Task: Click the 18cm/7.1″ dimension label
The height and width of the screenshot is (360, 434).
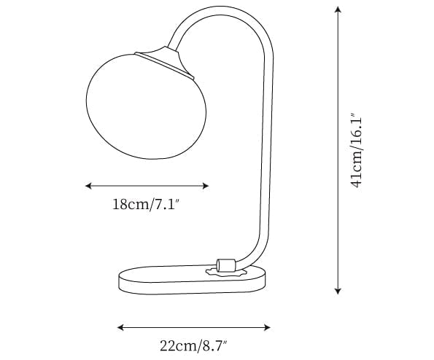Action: pyautogui.click(x=146, y=205)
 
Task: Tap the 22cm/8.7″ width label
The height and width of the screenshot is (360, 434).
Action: pyautogui.click(x=193, y=345)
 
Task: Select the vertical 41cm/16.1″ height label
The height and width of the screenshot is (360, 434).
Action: pyautogui.click(x=356, y=150)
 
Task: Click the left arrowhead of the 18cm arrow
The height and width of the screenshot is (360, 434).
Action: pyautogui.click(x=88, y=186)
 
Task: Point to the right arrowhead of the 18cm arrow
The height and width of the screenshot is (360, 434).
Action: pyautogui.click(x=206, y=186)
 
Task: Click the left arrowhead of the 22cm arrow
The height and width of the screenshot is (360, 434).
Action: pyautogui.click(x=120, y=328)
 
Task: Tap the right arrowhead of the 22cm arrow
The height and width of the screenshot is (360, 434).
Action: pyautogui.click(x=267, y=328)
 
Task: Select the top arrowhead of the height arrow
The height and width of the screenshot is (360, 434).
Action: pyautogui.click(x=338, y=9)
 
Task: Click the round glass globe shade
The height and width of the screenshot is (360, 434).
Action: pyautogui.click(x=146, y=106)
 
